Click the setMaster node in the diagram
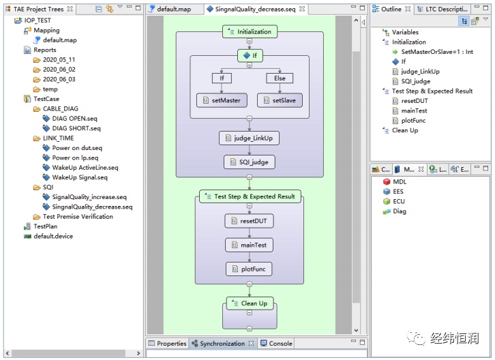point(222,100)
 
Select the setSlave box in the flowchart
point(280,100)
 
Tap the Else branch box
point(280,78)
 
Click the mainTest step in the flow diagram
point(249,245)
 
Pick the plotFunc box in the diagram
point(249,269)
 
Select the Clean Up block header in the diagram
point(250,303)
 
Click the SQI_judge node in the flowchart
point(250,162)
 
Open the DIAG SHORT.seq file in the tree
point(76,128)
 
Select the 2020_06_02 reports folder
point(59,70)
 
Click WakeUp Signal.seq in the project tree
point(80,177)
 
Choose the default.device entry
point(53,236)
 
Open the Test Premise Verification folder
point(78,217)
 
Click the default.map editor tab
point(174,9)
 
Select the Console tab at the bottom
point(277,343)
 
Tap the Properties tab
point(168,343)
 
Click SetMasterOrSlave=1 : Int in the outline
point(437,52)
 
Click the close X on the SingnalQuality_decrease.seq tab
point(302,9)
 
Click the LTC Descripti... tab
point(442,9)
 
